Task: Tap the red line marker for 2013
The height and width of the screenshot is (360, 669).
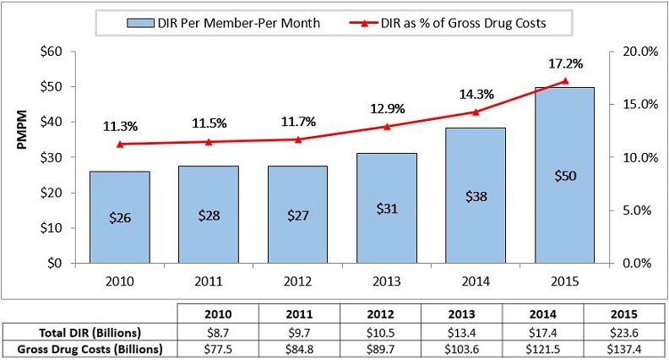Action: [x=387, y=127]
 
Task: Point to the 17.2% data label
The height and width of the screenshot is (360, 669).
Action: [x=565, y=63]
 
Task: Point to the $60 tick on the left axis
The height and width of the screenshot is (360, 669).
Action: [x=52, y=52]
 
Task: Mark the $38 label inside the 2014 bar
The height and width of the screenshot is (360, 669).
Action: [x=476, y=196]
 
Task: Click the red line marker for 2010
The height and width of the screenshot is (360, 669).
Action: [x=119, y=145]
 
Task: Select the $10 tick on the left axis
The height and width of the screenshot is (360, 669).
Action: [x=52, y=228]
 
